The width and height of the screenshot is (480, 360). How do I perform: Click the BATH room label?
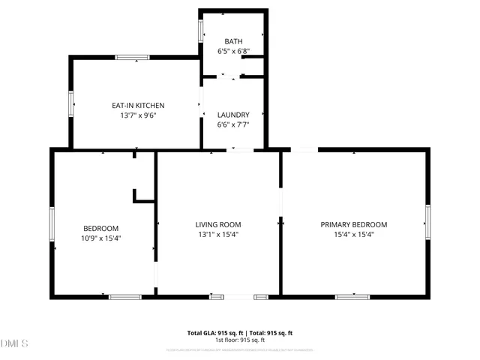click(233, 40)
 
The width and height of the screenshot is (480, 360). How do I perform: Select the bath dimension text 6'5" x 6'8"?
click(233, 51)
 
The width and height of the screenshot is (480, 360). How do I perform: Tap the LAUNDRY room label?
click(233, 115)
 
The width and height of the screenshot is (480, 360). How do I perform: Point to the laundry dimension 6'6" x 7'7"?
click(233, 125)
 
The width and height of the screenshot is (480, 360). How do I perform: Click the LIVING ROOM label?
click(217, 224)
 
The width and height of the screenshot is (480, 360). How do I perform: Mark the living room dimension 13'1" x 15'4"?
click(217, 235)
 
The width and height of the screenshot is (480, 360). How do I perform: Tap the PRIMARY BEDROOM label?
click(354, 224)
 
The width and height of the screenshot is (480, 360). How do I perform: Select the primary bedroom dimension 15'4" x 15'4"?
click(354, 235)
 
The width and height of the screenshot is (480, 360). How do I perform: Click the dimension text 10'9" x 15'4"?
click(100, 238)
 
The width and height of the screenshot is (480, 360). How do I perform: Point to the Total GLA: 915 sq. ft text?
click(213, 332)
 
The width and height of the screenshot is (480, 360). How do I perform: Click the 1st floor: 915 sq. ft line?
click(239, 340)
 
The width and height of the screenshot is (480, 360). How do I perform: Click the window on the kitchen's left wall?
click(71, 103)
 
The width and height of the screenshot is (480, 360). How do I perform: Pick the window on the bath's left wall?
click(200, 29)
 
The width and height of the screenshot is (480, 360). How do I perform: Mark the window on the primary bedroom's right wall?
click(427, 223)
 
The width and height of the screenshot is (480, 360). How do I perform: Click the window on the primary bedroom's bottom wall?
click(352, 296)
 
